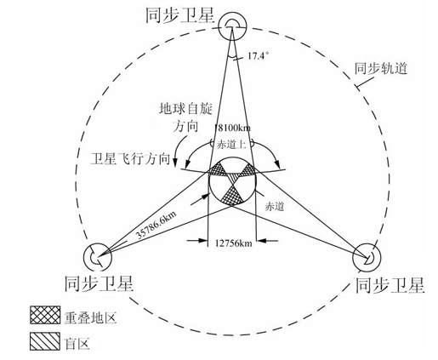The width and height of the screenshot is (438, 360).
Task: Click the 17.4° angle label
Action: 258,56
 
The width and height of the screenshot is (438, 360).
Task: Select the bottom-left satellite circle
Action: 84,257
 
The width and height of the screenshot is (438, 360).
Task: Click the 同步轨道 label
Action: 381,69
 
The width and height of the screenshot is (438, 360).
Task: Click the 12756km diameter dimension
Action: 233,243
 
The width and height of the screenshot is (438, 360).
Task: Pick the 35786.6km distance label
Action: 156,226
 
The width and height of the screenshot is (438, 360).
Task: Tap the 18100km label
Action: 233,128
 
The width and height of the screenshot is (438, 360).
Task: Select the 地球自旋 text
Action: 185,109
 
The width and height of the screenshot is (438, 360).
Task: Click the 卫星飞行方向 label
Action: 130,159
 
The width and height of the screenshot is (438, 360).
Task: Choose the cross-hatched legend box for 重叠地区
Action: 45,315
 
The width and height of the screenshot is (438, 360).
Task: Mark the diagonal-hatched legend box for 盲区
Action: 45,341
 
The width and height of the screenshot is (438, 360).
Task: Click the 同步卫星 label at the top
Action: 179,15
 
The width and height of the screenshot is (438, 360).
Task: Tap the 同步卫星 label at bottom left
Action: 99,283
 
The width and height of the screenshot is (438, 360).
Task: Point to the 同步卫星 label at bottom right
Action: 390,285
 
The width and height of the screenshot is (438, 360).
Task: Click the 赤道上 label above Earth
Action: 231,145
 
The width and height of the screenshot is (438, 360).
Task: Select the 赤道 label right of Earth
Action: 275,206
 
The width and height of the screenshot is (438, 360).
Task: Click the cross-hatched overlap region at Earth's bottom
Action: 232,196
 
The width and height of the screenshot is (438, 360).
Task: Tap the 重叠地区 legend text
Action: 91,317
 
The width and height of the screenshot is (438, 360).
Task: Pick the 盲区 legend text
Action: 77,344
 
